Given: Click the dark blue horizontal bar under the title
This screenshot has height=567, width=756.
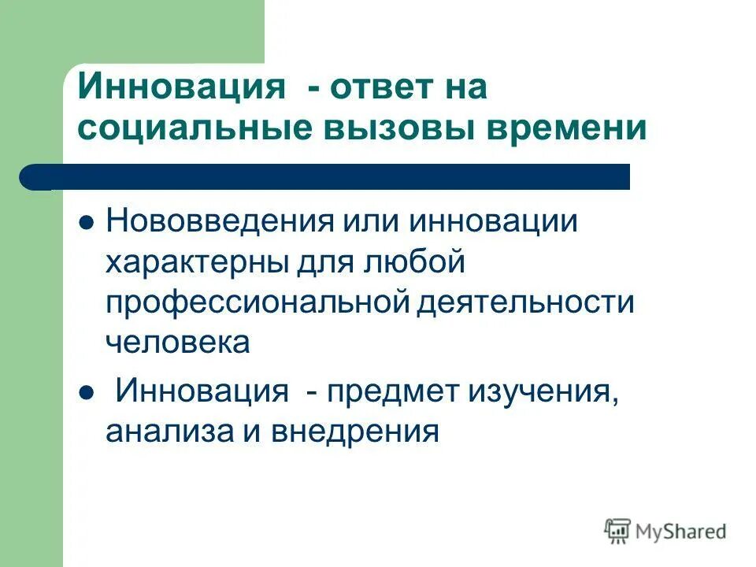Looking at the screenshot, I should click(x=331, y=177).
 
